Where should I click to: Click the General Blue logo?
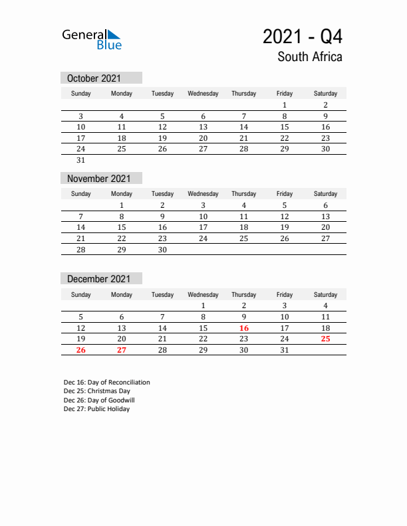92,39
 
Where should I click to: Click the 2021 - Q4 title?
303,36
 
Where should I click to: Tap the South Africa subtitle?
310,57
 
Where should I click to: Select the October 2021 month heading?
94,78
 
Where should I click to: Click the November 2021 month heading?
99,179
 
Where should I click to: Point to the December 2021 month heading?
99,279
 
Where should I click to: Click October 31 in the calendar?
81,160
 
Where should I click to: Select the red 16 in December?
244,328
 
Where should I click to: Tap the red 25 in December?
325,339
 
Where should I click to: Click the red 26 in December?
81,350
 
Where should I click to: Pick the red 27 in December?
122,350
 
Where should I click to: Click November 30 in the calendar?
162,250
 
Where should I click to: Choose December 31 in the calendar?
285,350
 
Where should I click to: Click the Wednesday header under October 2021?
203,94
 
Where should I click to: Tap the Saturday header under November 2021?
325,194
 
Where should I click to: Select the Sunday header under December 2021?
81,294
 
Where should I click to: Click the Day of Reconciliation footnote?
106,383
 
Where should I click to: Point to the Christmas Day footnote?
97,391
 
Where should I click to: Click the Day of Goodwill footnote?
98,400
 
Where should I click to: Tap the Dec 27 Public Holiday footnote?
97,409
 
